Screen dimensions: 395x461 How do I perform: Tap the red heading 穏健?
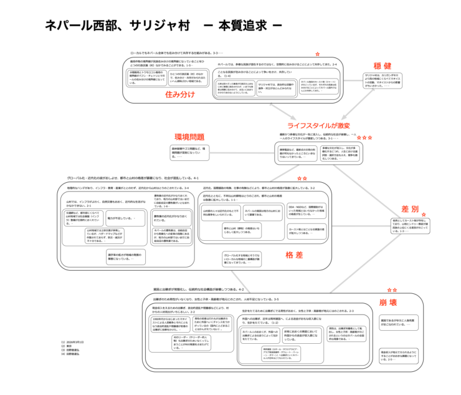382,66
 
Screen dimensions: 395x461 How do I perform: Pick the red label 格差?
293,255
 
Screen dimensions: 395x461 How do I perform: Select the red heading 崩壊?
387,303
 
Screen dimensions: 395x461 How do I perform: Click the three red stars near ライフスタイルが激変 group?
365,136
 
